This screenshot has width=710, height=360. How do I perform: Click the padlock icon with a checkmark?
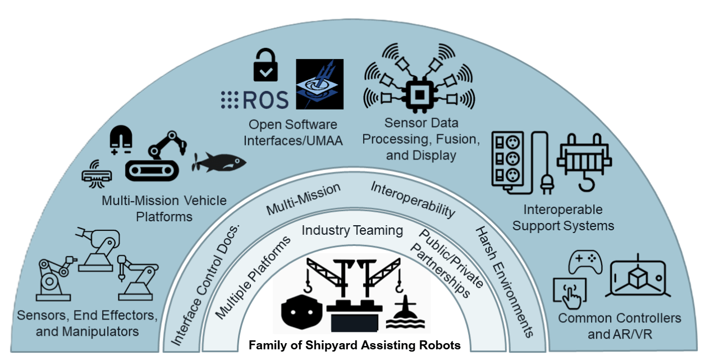[x=265, y=66]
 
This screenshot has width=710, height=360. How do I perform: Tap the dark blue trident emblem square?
[x=319, y=84]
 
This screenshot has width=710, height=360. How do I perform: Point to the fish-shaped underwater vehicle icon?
[x=220, y=163]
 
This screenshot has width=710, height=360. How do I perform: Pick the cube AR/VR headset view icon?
[x=639, y=277]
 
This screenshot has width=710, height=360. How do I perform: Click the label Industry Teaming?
[x=352, y=230]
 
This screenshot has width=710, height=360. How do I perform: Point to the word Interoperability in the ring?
[x=412, y=199]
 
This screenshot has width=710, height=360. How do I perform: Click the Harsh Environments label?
[x=504, y=281]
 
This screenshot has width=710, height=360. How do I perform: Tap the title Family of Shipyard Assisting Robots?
[x=355, y=345]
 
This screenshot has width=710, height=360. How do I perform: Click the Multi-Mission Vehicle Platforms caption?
[x=164, y=208]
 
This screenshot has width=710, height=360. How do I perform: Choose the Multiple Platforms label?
[x=253, y=277]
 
